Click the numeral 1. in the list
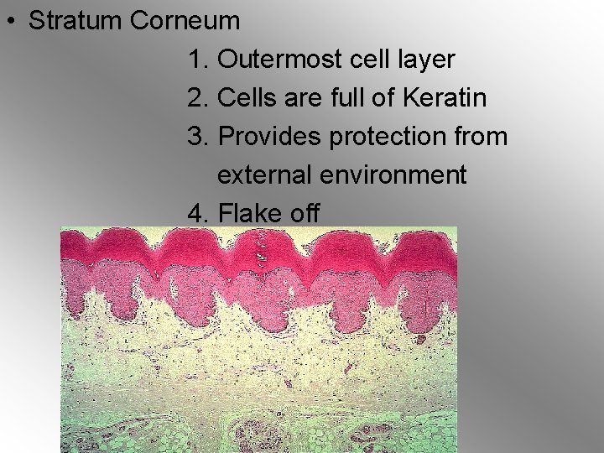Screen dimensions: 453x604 [199, 60]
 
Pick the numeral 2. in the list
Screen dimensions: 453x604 [199, 98]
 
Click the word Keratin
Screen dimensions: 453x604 [444, 98]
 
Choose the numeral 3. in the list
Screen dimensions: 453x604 [199, 137]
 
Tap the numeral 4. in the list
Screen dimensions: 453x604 [199, 214]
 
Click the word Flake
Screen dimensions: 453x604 [249, 214]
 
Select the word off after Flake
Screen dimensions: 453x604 [305, 214]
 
